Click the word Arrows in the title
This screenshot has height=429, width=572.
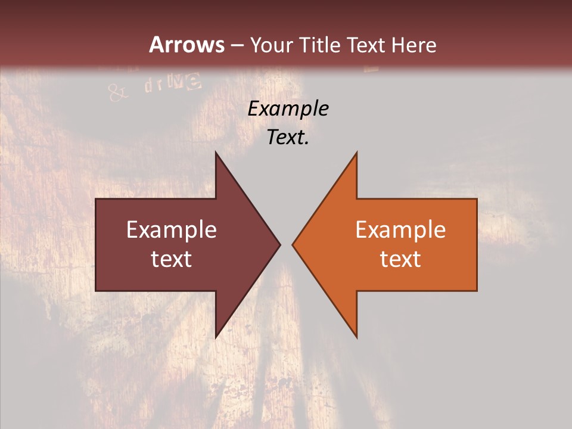coord(186,45)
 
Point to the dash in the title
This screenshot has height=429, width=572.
coord(237,45)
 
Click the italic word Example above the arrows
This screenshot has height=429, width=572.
coord(288,109)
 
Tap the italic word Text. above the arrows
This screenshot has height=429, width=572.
coord(288,137)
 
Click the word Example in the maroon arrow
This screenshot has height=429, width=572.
coord(172,229)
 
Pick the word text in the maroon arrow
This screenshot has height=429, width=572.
coord(172,259)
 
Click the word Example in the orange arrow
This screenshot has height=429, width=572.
coord(400,229)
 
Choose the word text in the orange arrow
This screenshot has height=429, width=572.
coord(400,259)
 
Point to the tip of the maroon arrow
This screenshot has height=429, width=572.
coord(280,244)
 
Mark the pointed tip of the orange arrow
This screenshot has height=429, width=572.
coord(293,244)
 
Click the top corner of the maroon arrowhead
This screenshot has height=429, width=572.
coord(216,153)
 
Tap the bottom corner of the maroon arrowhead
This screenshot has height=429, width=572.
coord(216,337)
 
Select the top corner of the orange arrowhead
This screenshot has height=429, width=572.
coord(356,153)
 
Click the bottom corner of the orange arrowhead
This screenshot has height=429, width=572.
coord(356,337)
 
